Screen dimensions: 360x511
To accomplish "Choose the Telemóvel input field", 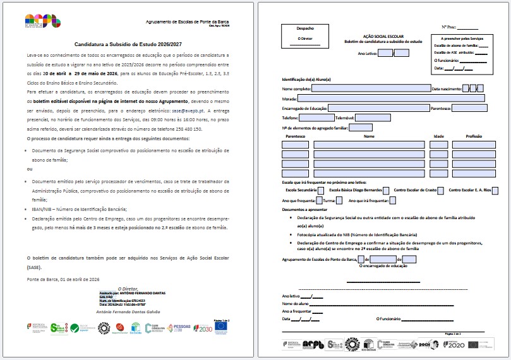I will point(373,117).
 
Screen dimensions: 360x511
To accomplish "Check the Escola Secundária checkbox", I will point(321,190).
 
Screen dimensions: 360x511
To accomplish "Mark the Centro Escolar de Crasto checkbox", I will point(441,190).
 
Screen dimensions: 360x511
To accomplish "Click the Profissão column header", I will point(474,136).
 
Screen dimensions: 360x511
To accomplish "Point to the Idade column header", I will point(439,136).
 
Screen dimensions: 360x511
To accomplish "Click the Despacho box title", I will point(304,28).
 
